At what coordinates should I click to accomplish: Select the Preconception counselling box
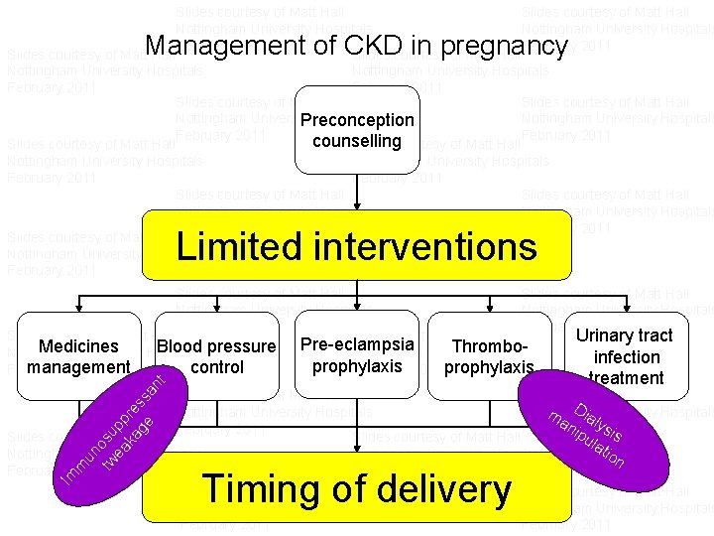pyautogui.click(x=357, y=130)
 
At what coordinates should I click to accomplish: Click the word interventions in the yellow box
pyautogui.click(x=434, y=246)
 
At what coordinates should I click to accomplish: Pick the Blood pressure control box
pyautogui.click(x=216, y=355)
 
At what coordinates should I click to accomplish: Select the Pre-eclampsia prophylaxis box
pyautogui.click(x=357, y=354)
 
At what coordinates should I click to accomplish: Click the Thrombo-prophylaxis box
pyautogui.click(x=488, y=356)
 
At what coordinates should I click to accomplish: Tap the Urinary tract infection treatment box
pyautogui.click(x=625, y=355)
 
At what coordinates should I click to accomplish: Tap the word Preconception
pyautogui.click(x=357, y=120)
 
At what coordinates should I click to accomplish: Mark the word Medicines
pyautogui.click(x=78, y=346)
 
